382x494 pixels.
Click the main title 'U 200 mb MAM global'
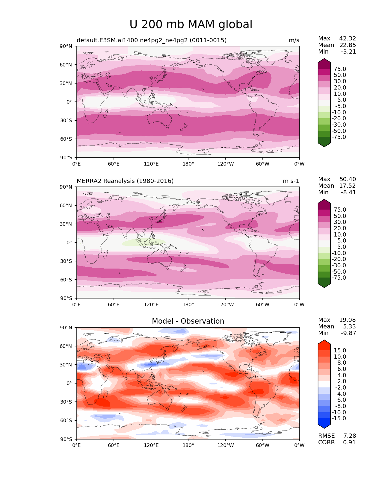191,25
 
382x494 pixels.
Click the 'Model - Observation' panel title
188,321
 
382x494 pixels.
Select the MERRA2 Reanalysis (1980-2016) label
125,181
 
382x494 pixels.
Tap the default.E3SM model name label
152,40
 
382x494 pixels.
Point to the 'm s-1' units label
291,181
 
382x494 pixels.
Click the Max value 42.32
348,39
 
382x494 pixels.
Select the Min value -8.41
348,193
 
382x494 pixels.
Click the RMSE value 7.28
349,436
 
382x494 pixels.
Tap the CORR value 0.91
349,443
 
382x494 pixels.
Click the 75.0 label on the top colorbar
340,69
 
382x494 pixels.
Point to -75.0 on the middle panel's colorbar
339,278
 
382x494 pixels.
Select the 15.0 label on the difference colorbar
340,351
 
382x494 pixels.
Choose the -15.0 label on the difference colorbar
339,419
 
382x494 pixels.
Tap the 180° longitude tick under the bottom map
188,445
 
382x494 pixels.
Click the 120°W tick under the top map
225,164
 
